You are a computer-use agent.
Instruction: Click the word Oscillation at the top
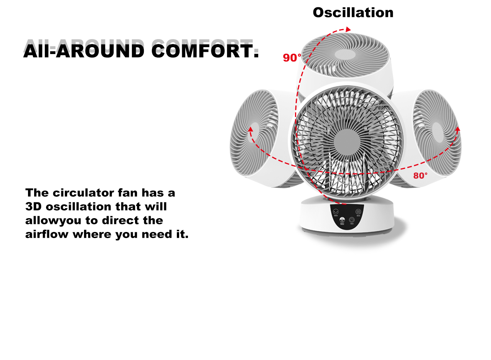click(353, 13)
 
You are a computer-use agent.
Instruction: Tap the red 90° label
click(292, 58)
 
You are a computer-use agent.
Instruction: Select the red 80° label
click(420, 176)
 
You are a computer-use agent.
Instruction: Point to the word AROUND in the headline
click(100, 51)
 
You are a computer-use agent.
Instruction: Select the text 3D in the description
click(33, 206)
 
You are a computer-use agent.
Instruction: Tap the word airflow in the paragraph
click(47, 234)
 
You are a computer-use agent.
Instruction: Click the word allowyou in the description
click(53, 221)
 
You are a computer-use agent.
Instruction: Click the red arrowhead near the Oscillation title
click(348, 29)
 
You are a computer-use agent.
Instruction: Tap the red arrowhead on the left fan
click(250, 129)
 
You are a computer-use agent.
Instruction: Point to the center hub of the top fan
click(345, 54)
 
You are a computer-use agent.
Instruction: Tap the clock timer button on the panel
click(352, 220)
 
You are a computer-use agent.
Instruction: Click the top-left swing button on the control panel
click(336, 212)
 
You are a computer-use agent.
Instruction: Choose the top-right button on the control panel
click(358, 212)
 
